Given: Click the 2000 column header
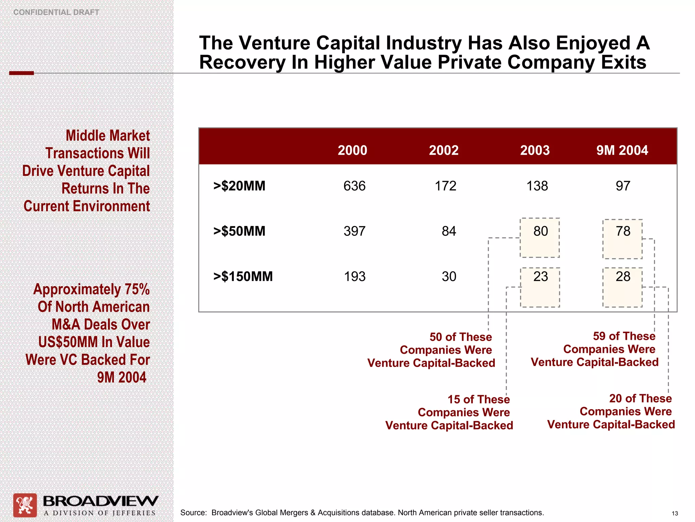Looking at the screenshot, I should click(x=352, y=150).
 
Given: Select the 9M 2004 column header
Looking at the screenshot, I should click(x=622, y=150).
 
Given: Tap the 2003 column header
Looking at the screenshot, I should click(x=535, y=150).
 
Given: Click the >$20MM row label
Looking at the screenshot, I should click(x=239, y=186).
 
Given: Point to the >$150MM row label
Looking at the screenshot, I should click(x=243, y=276).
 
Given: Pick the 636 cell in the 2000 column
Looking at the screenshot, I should click(x=354, y=186).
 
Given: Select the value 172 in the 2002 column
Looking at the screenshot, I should click(x=446, y=186).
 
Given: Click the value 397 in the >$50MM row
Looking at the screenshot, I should click(x=354, y=231).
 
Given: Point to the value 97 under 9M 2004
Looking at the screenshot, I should click(x=623, y=186).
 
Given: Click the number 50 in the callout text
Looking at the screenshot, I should click(x=436, y=337).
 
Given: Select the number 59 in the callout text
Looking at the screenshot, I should click(x=599, y=336).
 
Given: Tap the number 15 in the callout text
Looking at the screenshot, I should click(x=454, y=399).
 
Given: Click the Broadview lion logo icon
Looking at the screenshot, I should click(x=25, y=505).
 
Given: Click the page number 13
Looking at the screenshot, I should click(x=675, y=514).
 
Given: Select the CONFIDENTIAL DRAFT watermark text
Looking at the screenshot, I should click(x=56, y=12).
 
